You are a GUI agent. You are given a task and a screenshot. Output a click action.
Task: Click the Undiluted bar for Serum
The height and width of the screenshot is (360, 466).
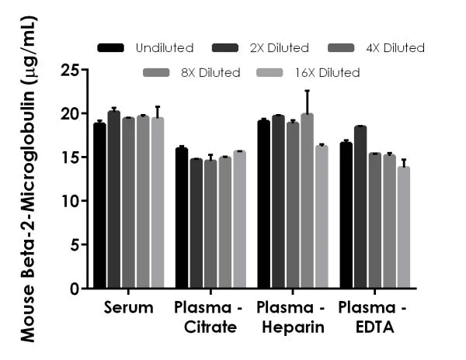[x=99, y=206]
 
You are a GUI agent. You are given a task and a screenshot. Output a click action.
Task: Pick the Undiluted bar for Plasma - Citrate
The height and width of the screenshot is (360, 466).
[x=181, y=218]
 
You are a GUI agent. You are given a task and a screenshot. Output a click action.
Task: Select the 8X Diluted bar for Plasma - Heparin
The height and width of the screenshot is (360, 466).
[x=307, y=201]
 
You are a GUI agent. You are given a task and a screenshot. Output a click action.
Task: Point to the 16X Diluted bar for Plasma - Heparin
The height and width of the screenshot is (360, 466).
[x=321, y=216]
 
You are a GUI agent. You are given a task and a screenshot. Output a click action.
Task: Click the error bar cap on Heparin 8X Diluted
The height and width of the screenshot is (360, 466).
[x=307, y=91]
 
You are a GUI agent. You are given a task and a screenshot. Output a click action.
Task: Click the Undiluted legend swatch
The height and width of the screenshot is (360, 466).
[x=111, y=48]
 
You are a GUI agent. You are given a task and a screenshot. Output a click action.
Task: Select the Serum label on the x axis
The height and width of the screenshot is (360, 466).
[x=128, y=308]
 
